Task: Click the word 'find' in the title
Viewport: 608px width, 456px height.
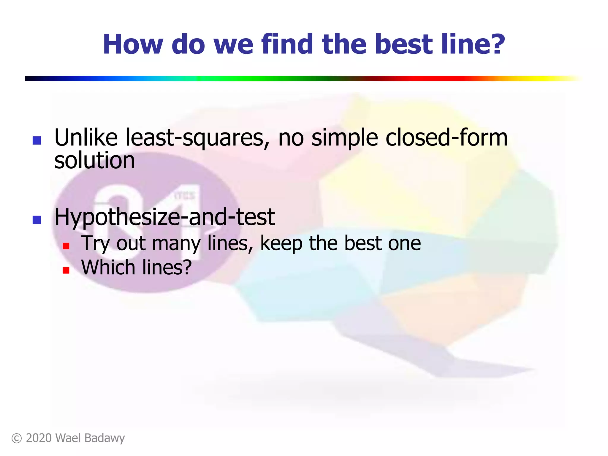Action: tap(287, 44)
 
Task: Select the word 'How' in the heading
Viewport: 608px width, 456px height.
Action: tap(133, 44)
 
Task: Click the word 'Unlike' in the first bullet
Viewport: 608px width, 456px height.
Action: tap(86, 137)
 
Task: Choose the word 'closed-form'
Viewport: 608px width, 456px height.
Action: tap(446, 137)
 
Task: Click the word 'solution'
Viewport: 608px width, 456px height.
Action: tap(94, 161)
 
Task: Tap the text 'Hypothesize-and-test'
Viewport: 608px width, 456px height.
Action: tap(164, 217)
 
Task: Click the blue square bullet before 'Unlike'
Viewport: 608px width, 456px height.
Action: tap(37, 140)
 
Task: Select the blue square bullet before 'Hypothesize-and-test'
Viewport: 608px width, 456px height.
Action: tap(37, 220)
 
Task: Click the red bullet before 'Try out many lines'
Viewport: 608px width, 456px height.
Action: tap(66, 246)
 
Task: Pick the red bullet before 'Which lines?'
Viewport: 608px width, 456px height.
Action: tap(66, 270)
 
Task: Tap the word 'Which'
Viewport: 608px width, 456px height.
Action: tap(108, 267)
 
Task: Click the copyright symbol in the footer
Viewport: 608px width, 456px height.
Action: tap(17, 438)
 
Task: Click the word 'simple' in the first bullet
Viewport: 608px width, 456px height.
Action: tap(344, 138)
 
